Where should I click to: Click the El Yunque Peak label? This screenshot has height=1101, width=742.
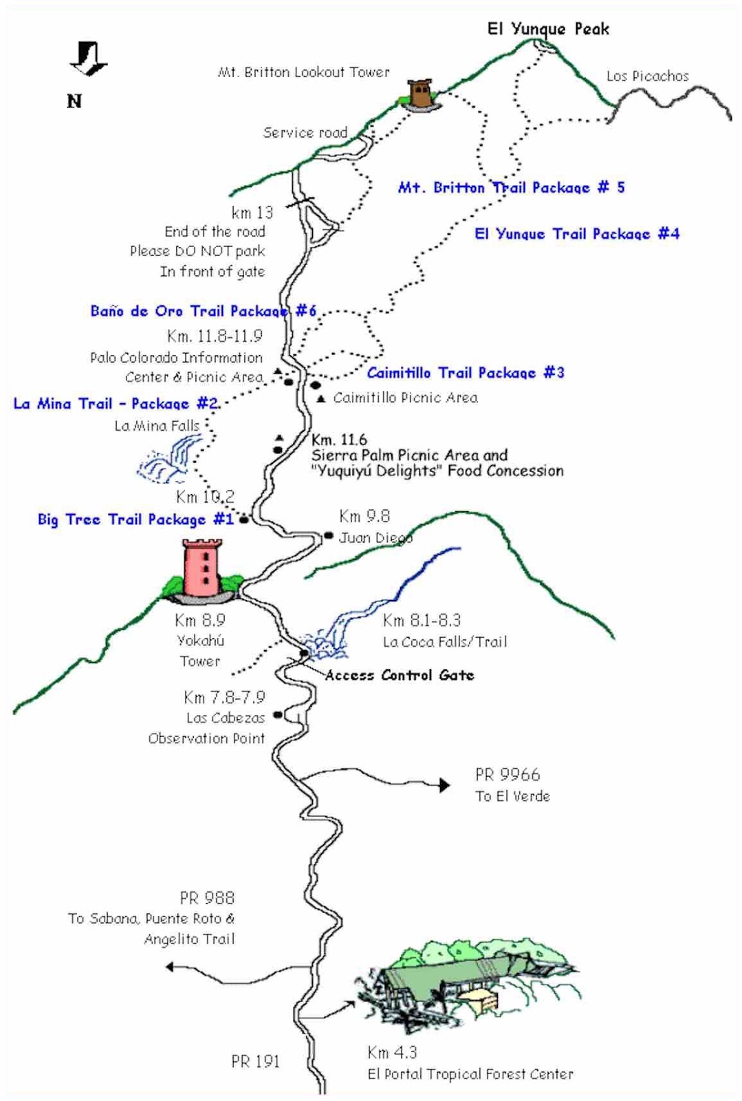[548, 29]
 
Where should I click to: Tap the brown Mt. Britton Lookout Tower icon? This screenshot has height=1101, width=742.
[419, 94]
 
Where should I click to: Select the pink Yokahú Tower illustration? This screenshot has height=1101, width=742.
[202, 569]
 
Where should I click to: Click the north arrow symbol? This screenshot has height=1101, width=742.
[88, 59]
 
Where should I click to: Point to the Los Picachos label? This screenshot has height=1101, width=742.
[647, 76]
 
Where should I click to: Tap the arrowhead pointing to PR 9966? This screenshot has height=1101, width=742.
[445, 784]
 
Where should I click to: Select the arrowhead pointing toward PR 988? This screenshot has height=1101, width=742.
[170, 967]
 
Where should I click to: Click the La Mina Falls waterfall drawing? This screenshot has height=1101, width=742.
[165, 462]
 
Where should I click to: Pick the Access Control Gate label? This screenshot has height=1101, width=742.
[400, 675]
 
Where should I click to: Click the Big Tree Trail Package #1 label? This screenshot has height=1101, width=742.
[135, 520]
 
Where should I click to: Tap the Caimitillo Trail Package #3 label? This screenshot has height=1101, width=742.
[466, 373]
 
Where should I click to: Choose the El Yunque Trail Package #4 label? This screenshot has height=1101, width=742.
[577, 234]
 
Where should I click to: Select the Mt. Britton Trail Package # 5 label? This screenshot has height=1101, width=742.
[511, 188]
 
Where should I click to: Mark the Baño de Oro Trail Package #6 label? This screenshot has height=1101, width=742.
[203, 311]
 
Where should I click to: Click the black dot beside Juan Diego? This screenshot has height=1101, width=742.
[329, 535]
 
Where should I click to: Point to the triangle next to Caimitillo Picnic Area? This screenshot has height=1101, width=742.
[320, 398]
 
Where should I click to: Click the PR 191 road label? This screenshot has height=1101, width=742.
[255, 1062]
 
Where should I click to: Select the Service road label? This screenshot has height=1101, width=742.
[305, 133]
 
